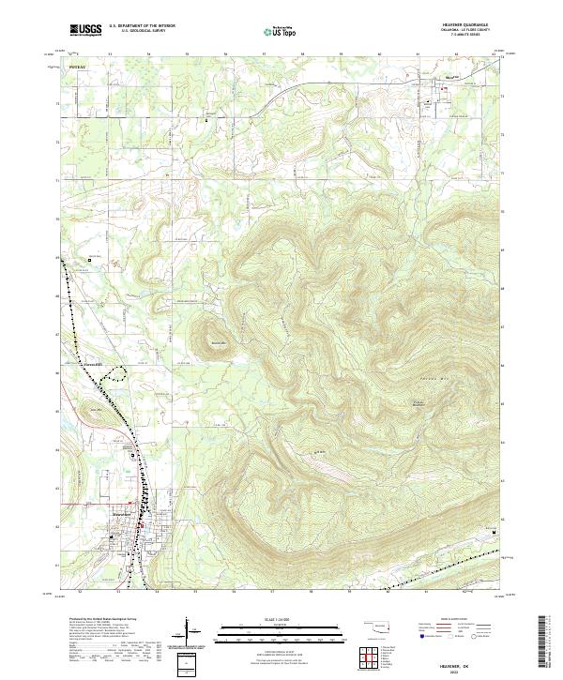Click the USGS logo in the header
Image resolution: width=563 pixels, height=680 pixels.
coord(85,30)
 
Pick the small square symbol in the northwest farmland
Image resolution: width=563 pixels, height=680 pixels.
coord(90,260)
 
